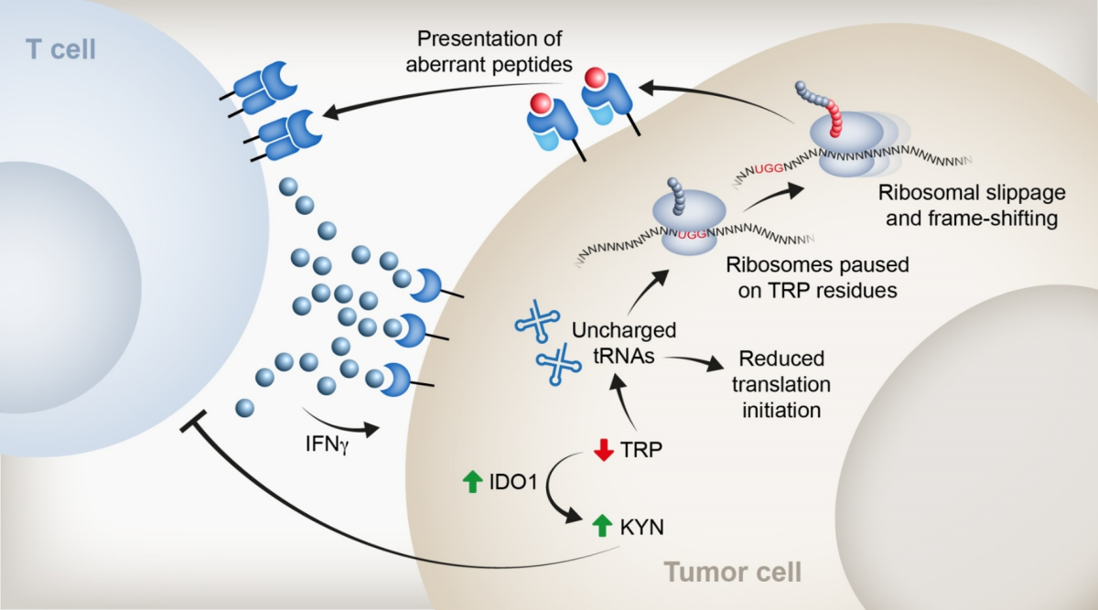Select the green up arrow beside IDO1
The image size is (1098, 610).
coord(472,481)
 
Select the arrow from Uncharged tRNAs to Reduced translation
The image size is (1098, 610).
coord(695,359)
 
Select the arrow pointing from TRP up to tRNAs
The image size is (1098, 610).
coord(628,406)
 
